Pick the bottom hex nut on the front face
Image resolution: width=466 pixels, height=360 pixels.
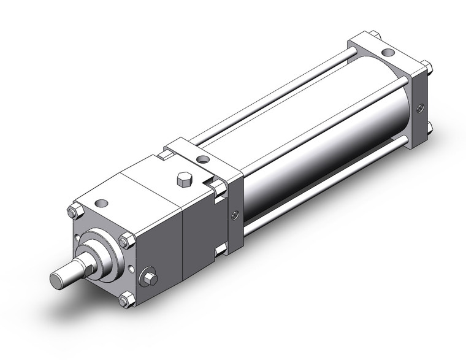coord(126,300)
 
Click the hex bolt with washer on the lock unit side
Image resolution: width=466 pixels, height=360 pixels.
coord(148,278)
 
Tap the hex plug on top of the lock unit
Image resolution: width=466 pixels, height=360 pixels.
coord(183,180)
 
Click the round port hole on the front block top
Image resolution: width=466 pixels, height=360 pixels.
coord(102,203)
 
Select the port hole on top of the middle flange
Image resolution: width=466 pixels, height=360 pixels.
coord(203,161)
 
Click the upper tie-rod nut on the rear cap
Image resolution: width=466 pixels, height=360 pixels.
coord(425,67)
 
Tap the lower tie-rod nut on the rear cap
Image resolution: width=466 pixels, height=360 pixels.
coord(427,128)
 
